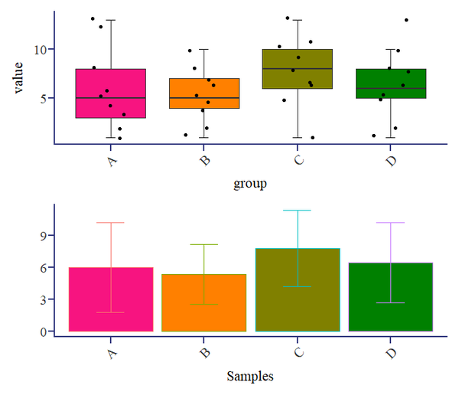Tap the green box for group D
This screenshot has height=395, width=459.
[390, 83]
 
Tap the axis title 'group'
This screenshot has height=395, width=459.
[250, 184]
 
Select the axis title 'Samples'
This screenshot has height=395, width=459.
[250, 377]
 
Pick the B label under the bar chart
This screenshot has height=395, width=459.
[204, 352]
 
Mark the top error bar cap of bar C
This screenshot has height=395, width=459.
[298, 210]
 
